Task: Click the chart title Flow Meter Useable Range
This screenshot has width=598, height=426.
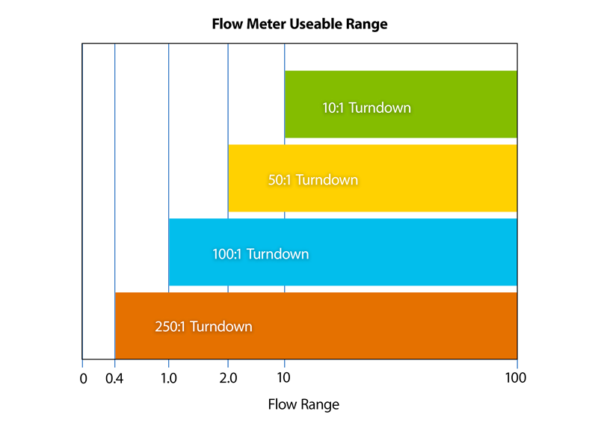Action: [x=299, y=24]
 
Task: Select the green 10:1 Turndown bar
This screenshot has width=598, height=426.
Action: [x=463, y=105]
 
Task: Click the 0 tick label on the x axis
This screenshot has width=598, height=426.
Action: [x=83, y=378]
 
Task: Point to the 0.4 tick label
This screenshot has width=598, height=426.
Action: [x=114, y=378]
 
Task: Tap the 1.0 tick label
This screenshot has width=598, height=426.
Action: [x=169, y=378]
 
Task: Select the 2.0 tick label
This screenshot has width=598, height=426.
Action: [x=228, y=378]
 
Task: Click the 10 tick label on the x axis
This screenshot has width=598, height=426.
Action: [x=284, y=378]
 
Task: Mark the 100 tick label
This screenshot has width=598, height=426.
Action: [x=516, y=378]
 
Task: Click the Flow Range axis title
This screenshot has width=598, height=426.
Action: [x=303, y=405]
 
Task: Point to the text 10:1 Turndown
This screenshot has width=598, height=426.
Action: [x=366, y=108]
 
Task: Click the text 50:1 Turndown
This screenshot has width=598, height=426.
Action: [x=312, y=180]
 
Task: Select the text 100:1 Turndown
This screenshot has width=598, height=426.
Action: [x=260, y=254]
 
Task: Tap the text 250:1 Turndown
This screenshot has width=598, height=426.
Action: [x=203, y=327]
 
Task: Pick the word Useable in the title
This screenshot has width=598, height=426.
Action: [x=315, y=24]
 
